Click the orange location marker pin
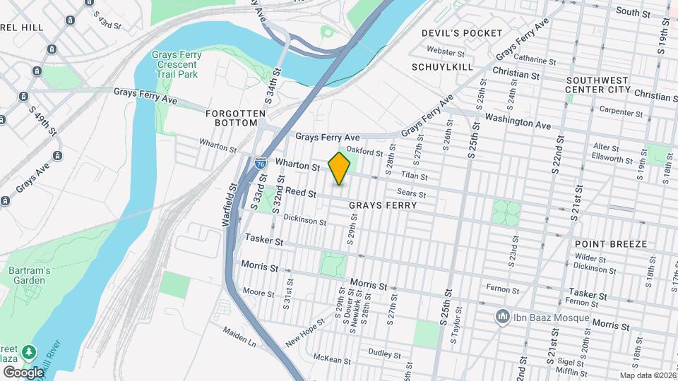340,168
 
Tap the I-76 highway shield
261,162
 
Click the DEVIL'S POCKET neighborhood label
462,33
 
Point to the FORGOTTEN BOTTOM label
235,118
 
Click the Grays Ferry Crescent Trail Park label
177,64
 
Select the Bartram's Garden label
28,275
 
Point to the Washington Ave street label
518,121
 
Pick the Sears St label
411,193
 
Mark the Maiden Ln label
239,330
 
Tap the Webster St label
446,52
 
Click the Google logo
23,372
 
